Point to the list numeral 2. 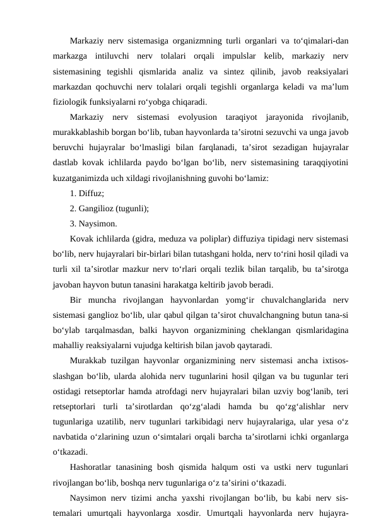pyautogui.click(x=72, y=208)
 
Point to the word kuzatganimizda pyautogui.click(x=83, y=178)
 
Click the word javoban pyautogui.click(x=69, y=284)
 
